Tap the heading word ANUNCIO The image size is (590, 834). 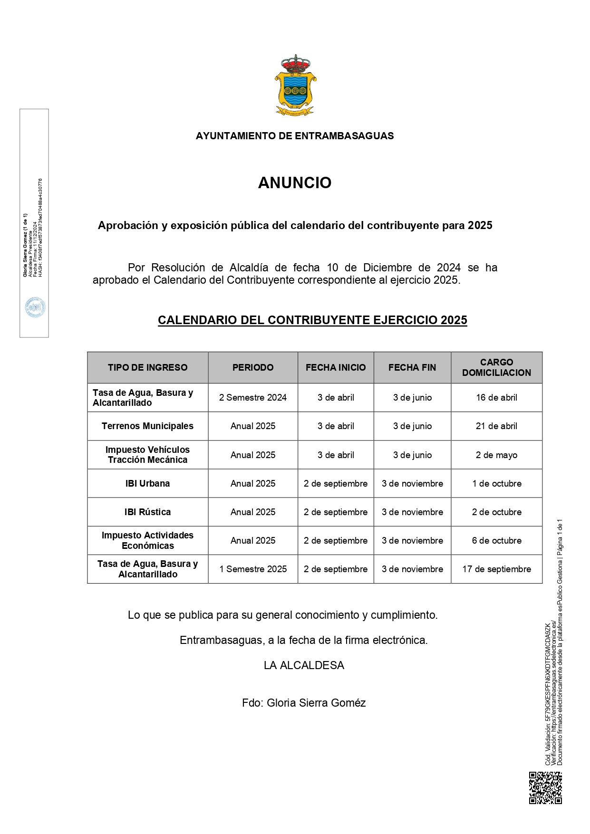[295, 183]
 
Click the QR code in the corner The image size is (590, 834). [545, 787]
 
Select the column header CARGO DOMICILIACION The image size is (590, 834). [496, 367]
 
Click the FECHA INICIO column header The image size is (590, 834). [336, 367]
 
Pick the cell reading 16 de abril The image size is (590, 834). [496, 398]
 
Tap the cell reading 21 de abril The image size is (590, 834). [496, 426]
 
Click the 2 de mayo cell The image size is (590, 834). [496, 455]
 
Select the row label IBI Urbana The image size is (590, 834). [147, 483]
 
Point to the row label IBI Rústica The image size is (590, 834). [147, 512]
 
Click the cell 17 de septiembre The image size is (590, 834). [496, 569]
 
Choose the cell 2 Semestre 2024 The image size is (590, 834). [253, 398]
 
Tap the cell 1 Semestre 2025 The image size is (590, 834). [253, 569]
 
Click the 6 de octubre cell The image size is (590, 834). [496, 540]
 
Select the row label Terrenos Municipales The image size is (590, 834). [147, 426]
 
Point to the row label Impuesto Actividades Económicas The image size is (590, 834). [147, 540]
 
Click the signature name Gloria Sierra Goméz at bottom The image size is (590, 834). [316, 703]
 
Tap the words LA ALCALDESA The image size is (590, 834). [304, 665]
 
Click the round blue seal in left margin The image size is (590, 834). [35, 307]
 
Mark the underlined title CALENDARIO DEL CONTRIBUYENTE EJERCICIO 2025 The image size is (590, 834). [312, 320]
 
